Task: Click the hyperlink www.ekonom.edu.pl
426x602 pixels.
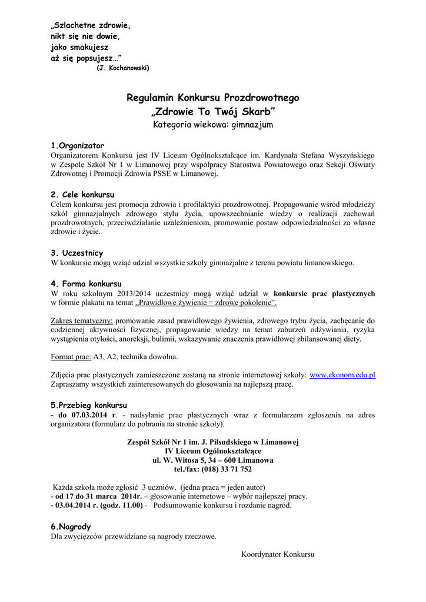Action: point(342,374)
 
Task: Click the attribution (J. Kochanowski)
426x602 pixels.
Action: point(123,68)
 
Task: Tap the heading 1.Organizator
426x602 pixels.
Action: point(78,145)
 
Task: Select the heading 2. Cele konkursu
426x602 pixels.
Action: point(82,194)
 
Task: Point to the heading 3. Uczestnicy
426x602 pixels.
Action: point(77,253)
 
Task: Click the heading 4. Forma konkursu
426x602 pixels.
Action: point(86,283)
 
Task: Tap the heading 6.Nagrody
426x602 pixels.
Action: point(71,527)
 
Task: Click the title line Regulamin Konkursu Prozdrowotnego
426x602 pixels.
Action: point(213,98)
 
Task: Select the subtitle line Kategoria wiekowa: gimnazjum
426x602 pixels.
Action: point(213,125)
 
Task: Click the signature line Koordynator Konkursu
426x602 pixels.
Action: point(278,554)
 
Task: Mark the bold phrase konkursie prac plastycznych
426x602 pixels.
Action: point(324,293)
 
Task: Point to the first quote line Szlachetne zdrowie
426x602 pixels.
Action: point(91,26)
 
